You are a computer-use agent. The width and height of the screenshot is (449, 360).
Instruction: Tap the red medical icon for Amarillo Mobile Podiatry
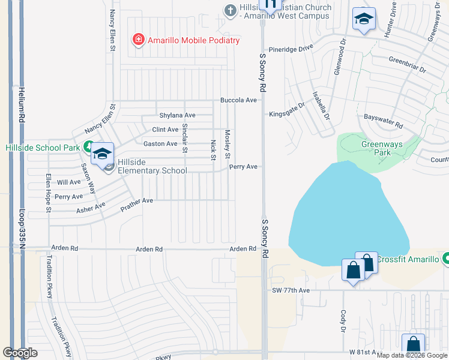(139, 40)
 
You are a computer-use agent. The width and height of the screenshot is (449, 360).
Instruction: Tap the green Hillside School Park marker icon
(88, 146)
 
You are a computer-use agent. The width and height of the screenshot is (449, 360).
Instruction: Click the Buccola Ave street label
(238, 100)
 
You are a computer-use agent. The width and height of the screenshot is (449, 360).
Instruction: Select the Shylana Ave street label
(177, 115)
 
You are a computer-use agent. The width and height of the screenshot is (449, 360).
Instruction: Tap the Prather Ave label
(137, 204)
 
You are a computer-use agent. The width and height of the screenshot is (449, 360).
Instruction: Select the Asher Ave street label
(91, 208)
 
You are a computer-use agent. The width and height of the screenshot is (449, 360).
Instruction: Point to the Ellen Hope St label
(49, 193)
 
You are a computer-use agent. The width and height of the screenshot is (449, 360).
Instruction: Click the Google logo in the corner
(20, 353)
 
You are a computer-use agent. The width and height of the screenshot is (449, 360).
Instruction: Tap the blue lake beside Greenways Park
(342, 216)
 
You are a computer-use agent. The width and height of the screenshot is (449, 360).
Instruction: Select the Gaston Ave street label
(160, 143)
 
